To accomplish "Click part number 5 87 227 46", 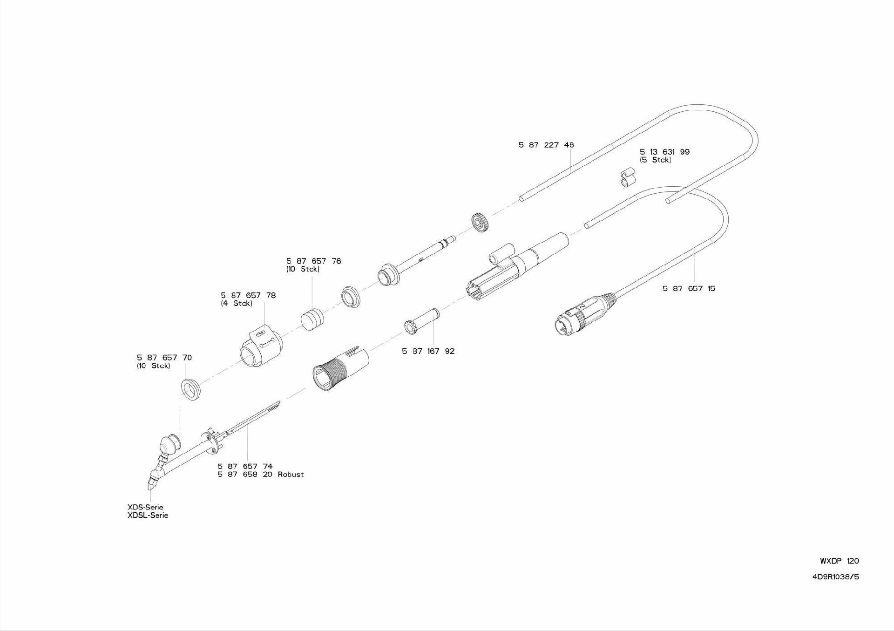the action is pos(546,145).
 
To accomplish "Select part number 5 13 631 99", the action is pos(664,152).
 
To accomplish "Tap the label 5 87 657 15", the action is pos(689,289).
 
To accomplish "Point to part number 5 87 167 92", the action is pos(428,351).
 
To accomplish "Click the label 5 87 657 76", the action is pos(313,261).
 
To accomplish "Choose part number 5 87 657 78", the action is pos(248,295).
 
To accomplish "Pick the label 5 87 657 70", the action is pos(164,358).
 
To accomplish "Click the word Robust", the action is pos(291,475).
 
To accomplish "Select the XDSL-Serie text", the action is pos(148,516).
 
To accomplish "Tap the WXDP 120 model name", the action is pos(839,561).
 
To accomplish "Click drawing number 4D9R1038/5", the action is pos(836,577).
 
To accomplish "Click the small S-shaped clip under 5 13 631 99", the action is pos(628,177).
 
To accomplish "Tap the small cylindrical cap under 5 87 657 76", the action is pos(312,318).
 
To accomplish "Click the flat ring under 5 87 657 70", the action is pos(191,389).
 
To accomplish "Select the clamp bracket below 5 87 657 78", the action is pos(261,346).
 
